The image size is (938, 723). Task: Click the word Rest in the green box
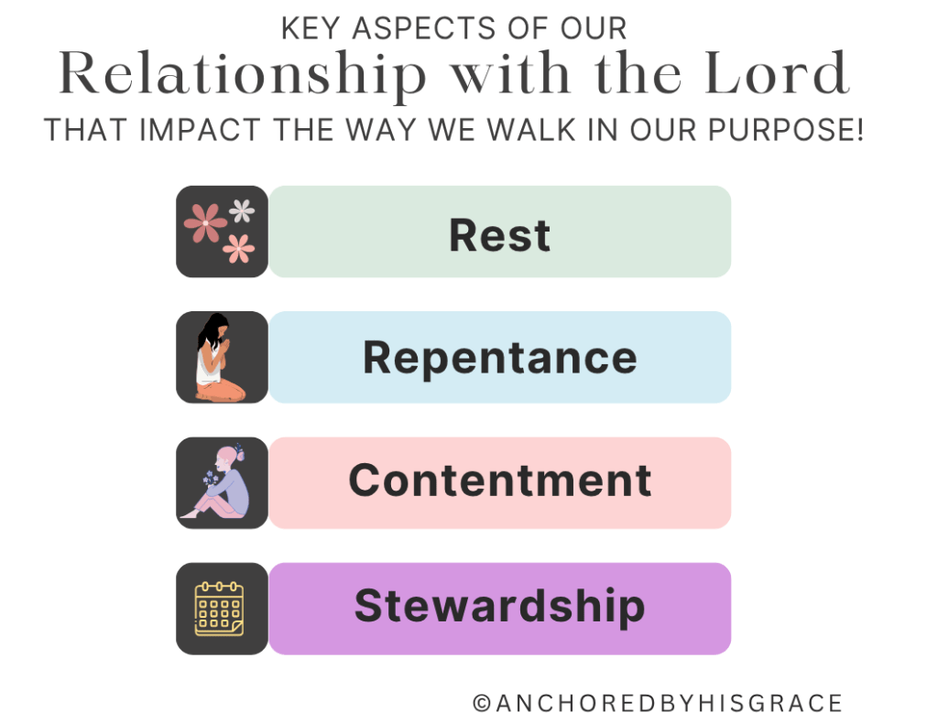[499, 235]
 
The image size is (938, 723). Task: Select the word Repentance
[500, 358]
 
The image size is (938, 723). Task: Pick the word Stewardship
[500, 606]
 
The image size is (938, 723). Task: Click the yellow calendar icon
[219, 609]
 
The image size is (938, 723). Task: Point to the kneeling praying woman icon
[220, 357]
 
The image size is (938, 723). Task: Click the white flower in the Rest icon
[242, 210]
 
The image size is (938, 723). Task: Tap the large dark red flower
[205, 223]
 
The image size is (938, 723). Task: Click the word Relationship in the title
[243, 75]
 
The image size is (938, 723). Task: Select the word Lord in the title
[778, 73]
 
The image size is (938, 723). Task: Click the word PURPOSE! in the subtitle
[786, 130]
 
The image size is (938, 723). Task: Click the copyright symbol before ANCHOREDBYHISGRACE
[482, 703]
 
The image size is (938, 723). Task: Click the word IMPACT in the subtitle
[200, 130]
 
